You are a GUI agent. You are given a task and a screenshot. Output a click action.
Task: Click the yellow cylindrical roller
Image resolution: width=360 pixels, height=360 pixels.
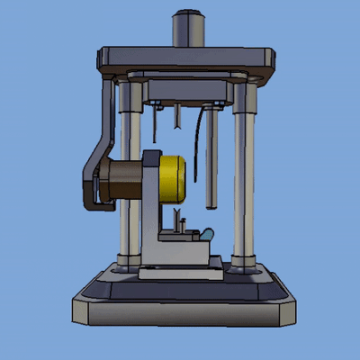(x=172, y=178)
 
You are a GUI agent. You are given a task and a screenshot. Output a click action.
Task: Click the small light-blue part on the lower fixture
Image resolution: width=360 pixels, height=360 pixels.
(x=206, y=234)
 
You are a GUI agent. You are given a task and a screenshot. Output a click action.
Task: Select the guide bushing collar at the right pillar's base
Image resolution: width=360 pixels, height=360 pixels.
(x=242, y=265)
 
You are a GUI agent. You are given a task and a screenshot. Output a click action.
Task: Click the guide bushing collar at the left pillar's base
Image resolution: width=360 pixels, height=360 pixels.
(x=126, y=264)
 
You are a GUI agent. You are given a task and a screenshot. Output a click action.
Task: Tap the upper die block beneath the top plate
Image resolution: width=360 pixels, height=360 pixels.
(x=184, y=90)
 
